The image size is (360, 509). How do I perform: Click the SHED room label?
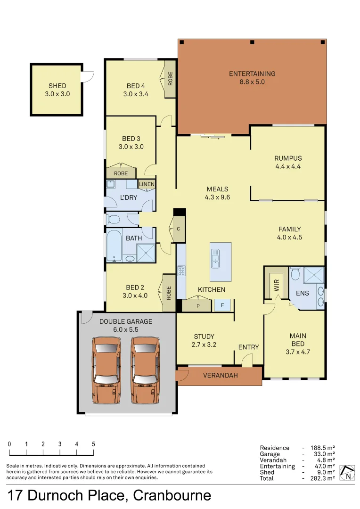click(57, 86)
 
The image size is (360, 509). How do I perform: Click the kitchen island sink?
click(215, 259)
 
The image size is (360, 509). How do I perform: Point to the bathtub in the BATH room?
click(114, 245)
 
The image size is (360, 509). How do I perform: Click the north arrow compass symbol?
click(348, 473)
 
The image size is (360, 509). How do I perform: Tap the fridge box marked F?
click(222, 305)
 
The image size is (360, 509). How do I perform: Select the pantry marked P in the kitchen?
click(197, 305)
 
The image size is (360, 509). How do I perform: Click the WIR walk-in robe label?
click(277, 284)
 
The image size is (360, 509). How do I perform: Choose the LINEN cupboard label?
click(146, 184)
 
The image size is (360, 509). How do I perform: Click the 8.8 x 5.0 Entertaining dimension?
click(252, 82)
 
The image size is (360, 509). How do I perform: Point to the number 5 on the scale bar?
click(93, 444)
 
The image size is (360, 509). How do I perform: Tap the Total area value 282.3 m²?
click(324, 478)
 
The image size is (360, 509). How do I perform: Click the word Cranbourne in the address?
click(172, 495)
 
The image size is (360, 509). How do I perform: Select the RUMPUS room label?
click(288, 158)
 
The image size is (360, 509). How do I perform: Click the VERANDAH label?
click(220, 376)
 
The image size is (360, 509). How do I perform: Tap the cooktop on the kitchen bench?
click(181, 271)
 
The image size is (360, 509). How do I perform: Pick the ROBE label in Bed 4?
click(170, 78)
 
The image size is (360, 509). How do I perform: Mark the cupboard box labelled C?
click(178, 229)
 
